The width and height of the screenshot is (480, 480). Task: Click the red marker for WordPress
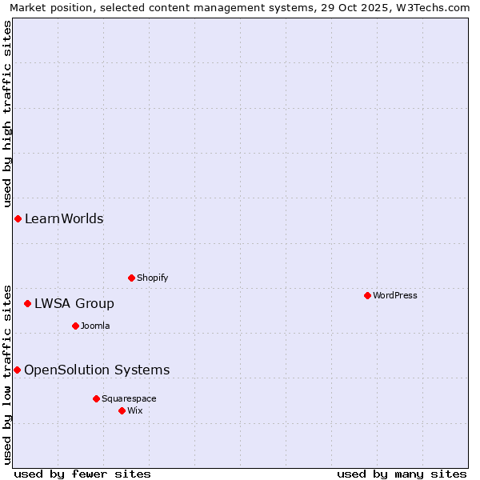coord(367,295)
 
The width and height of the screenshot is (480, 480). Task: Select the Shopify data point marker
coord(131,278)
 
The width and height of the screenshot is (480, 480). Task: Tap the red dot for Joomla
coord(75,326)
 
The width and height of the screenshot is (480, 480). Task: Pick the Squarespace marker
coord(96,398)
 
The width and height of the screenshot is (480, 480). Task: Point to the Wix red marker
coord(122,410)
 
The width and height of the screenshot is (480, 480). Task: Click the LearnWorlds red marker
coord(18,218)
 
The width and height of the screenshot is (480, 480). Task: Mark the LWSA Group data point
coord(27,303)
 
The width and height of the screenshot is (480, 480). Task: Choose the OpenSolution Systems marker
coord(17,370)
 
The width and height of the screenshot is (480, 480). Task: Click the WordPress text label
coord(394,295)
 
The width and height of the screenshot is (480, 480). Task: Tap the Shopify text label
coord(152,278)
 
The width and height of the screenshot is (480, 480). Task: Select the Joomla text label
coord(95,326)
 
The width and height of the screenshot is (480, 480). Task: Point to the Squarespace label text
coord(129,398)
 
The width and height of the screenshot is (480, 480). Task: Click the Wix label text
coord(134,410)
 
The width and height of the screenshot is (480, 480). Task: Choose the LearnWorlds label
coord(64,218)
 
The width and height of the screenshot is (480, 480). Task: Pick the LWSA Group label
coord(74,303)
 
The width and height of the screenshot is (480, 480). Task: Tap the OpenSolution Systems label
coord(97,370)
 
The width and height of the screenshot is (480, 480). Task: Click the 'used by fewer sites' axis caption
coord(82,474)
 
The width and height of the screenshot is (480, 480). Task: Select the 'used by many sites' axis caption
coord(402,474)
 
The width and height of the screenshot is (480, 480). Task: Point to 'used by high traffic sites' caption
coord(8,111)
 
